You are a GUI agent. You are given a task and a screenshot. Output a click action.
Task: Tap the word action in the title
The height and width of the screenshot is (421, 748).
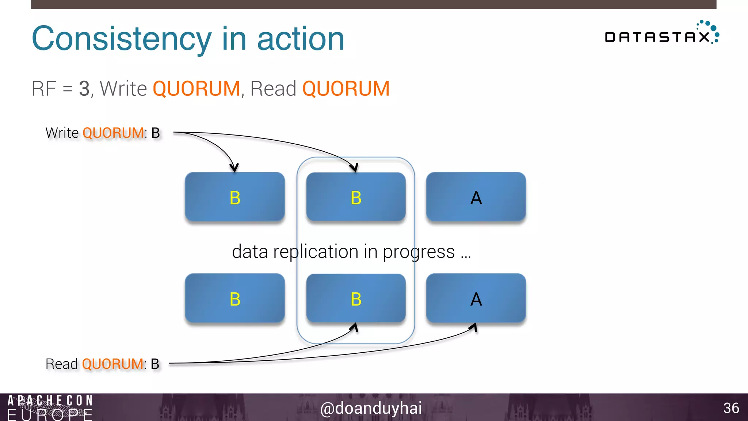(x=301, y=39)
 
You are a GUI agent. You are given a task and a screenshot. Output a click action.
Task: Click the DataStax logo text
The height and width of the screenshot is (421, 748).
(x=657, y=37)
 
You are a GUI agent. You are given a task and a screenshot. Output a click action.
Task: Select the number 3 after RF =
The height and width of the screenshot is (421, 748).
(x=84, y=89)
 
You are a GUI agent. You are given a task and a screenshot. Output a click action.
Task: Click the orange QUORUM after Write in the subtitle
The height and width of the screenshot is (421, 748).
(x=196, y=89)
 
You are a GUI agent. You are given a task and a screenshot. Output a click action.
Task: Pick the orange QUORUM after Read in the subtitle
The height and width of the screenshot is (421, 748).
(x=346, y=89)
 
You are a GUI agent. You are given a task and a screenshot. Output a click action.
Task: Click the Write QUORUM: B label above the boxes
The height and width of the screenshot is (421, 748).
(x=103, y=133)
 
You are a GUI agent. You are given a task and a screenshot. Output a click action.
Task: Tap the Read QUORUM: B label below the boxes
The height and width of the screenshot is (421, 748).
(x=102, y=364)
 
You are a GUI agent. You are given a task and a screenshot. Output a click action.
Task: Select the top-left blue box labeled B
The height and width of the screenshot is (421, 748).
(x=234, y=197)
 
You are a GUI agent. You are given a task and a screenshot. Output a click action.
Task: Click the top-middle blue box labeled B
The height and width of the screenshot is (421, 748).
(x=356, y=197)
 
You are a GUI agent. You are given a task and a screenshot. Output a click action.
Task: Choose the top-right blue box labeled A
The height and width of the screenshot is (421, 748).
(x=476, y=197)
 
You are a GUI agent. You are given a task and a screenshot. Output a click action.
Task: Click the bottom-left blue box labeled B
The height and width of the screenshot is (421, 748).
(x=234, y=298)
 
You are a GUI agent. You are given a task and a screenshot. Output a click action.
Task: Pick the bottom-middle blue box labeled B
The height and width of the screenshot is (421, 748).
(x=356, y=298)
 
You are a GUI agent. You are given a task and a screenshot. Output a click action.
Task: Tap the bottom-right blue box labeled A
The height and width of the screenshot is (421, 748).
(x=476, y=298)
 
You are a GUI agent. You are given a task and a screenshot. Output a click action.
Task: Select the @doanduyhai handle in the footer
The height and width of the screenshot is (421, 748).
(x=371, y=408)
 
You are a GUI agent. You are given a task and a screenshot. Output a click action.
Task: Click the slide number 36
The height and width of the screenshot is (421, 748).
(x=731, y=408)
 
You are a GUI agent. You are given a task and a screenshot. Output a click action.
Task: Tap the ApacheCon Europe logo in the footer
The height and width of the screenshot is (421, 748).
(x=50, y=407)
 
